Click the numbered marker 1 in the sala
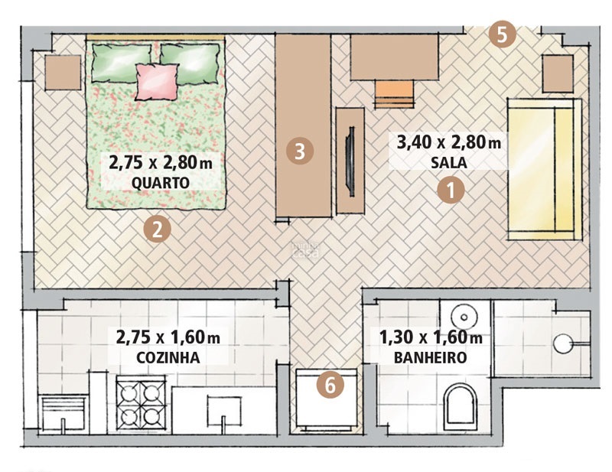click(x=451, y=190)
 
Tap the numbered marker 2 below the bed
click(x=156, y=229)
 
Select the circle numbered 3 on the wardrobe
click(x=301, y=151)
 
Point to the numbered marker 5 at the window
click(x=503, y=34)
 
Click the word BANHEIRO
click(x=429, y=357)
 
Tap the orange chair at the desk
click(x=394, y=95)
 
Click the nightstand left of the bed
click(x=61, y=73)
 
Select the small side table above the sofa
click(x=557, y=73)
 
